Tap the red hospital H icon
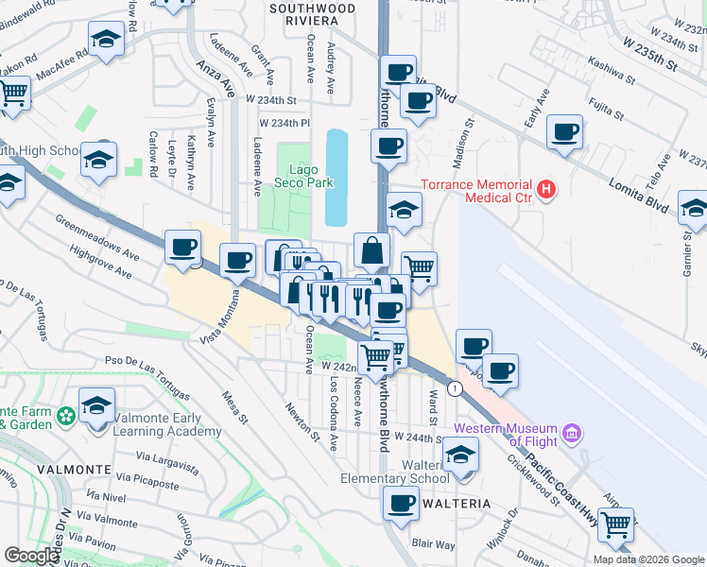coord(546,191)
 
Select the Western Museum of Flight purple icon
coord(571,434)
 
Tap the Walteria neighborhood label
coord(458,504)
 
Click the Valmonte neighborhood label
coord(41,469)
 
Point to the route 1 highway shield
coord(455,388)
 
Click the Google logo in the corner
coord(31,556)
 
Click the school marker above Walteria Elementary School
coord(460,454)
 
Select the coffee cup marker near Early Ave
coord(565,132)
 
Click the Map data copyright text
coord(648,559)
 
